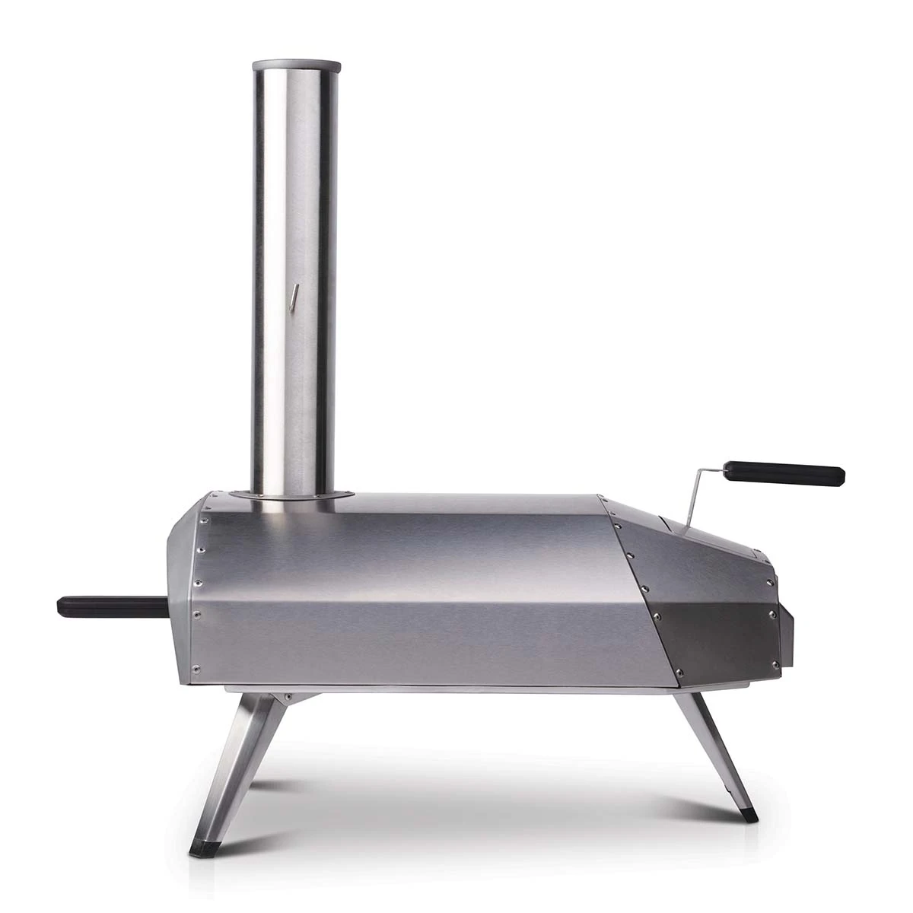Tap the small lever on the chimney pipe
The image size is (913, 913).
pos(294,296)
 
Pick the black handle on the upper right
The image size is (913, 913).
pos(784,473)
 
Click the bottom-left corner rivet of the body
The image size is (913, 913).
pos(196,670)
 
